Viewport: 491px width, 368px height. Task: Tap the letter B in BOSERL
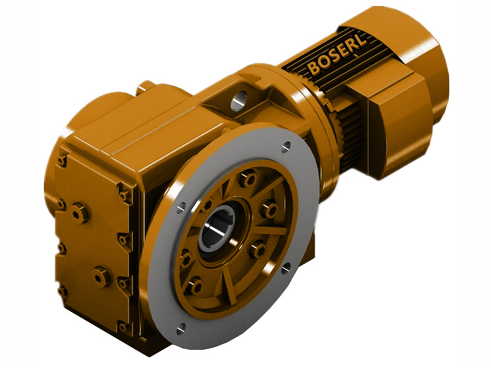(x=314, y=68)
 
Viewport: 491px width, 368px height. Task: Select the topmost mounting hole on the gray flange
(x=286, y=147)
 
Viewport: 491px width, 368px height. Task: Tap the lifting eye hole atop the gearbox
(x=239, y=98)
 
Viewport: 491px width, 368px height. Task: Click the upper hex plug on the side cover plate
(x=80, y=213)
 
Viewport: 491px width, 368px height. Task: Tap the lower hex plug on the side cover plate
(x=101, y=277)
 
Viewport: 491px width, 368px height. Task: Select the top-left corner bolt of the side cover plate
(x=62, y=161)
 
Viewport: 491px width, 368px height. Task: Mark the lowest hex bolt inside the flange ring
(x=195, y=286)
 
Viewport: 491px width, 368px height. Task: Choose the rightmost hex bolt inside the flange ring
(x=268, y=210)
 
